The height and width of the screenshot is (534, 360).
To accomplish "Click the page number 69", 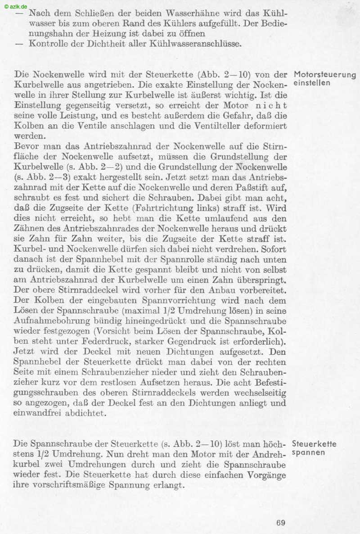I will point(281,523).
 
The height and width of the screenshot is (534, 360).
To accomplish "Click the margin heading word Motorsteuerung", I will point(325,75).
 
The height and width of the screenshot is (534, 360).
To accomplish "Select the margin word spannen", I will point(308,453).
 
